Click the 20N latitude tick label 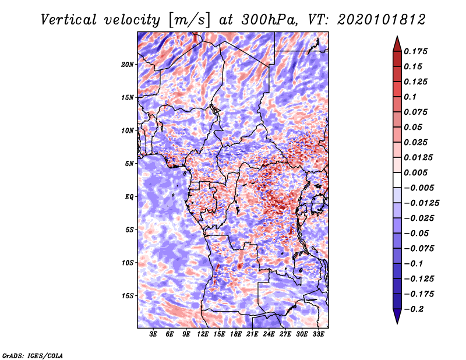(x=128, y=65)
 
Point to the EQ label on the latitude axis (x=129, y=197)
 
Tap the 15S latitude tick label (x=128, y=296)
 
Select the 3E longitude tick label (x=153, y=334)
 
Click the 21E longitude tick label (x=252, y=334)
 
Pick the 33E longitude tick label (x=318, y=334)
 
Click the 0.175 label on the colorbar (x=415, y=51)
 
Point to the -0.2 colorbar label (x=414, y=309)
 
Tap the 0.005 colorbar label (x=415, y=172)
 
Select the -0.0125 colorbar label (x=421, y=203)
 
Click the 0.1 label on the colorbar (x=410, y=97)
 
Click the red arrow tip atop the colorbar (x=397, y=37)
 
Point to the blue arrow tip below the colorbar (x=397, y=323)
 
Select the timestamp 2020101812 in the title (x=382, y=20)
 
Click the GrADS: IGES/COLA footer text (x=33, y=355)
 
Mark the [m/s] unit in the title (x=189, y=20)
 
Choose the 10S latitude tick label (x=128, y=263)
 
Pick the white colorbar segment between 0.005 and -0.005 (x=397, y=180)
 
